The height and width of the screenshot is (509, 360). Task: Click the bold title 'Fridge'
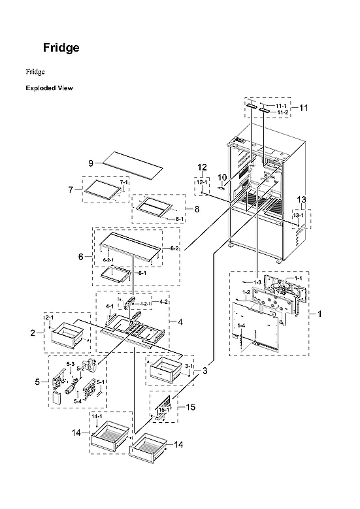click(x=61, y=48)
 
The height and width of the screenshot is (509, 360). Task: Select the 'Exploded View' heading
click(x=49, y=88)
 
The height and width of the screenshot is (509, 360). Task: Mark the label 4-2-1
click(x=145, y=304)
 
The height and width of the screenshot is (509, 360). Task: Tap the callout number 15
click(x=191, y=407)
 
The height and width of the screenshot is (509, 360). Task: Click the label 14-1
click(x=97, y=416)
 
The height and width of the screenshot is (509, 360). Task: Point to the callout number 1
click(x=319, y=314)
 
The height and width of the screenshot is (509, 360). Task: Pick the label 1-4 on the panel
click(x=241, y=325)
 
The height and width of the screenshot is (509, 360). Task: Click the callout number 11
click(x=303, y=108)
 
